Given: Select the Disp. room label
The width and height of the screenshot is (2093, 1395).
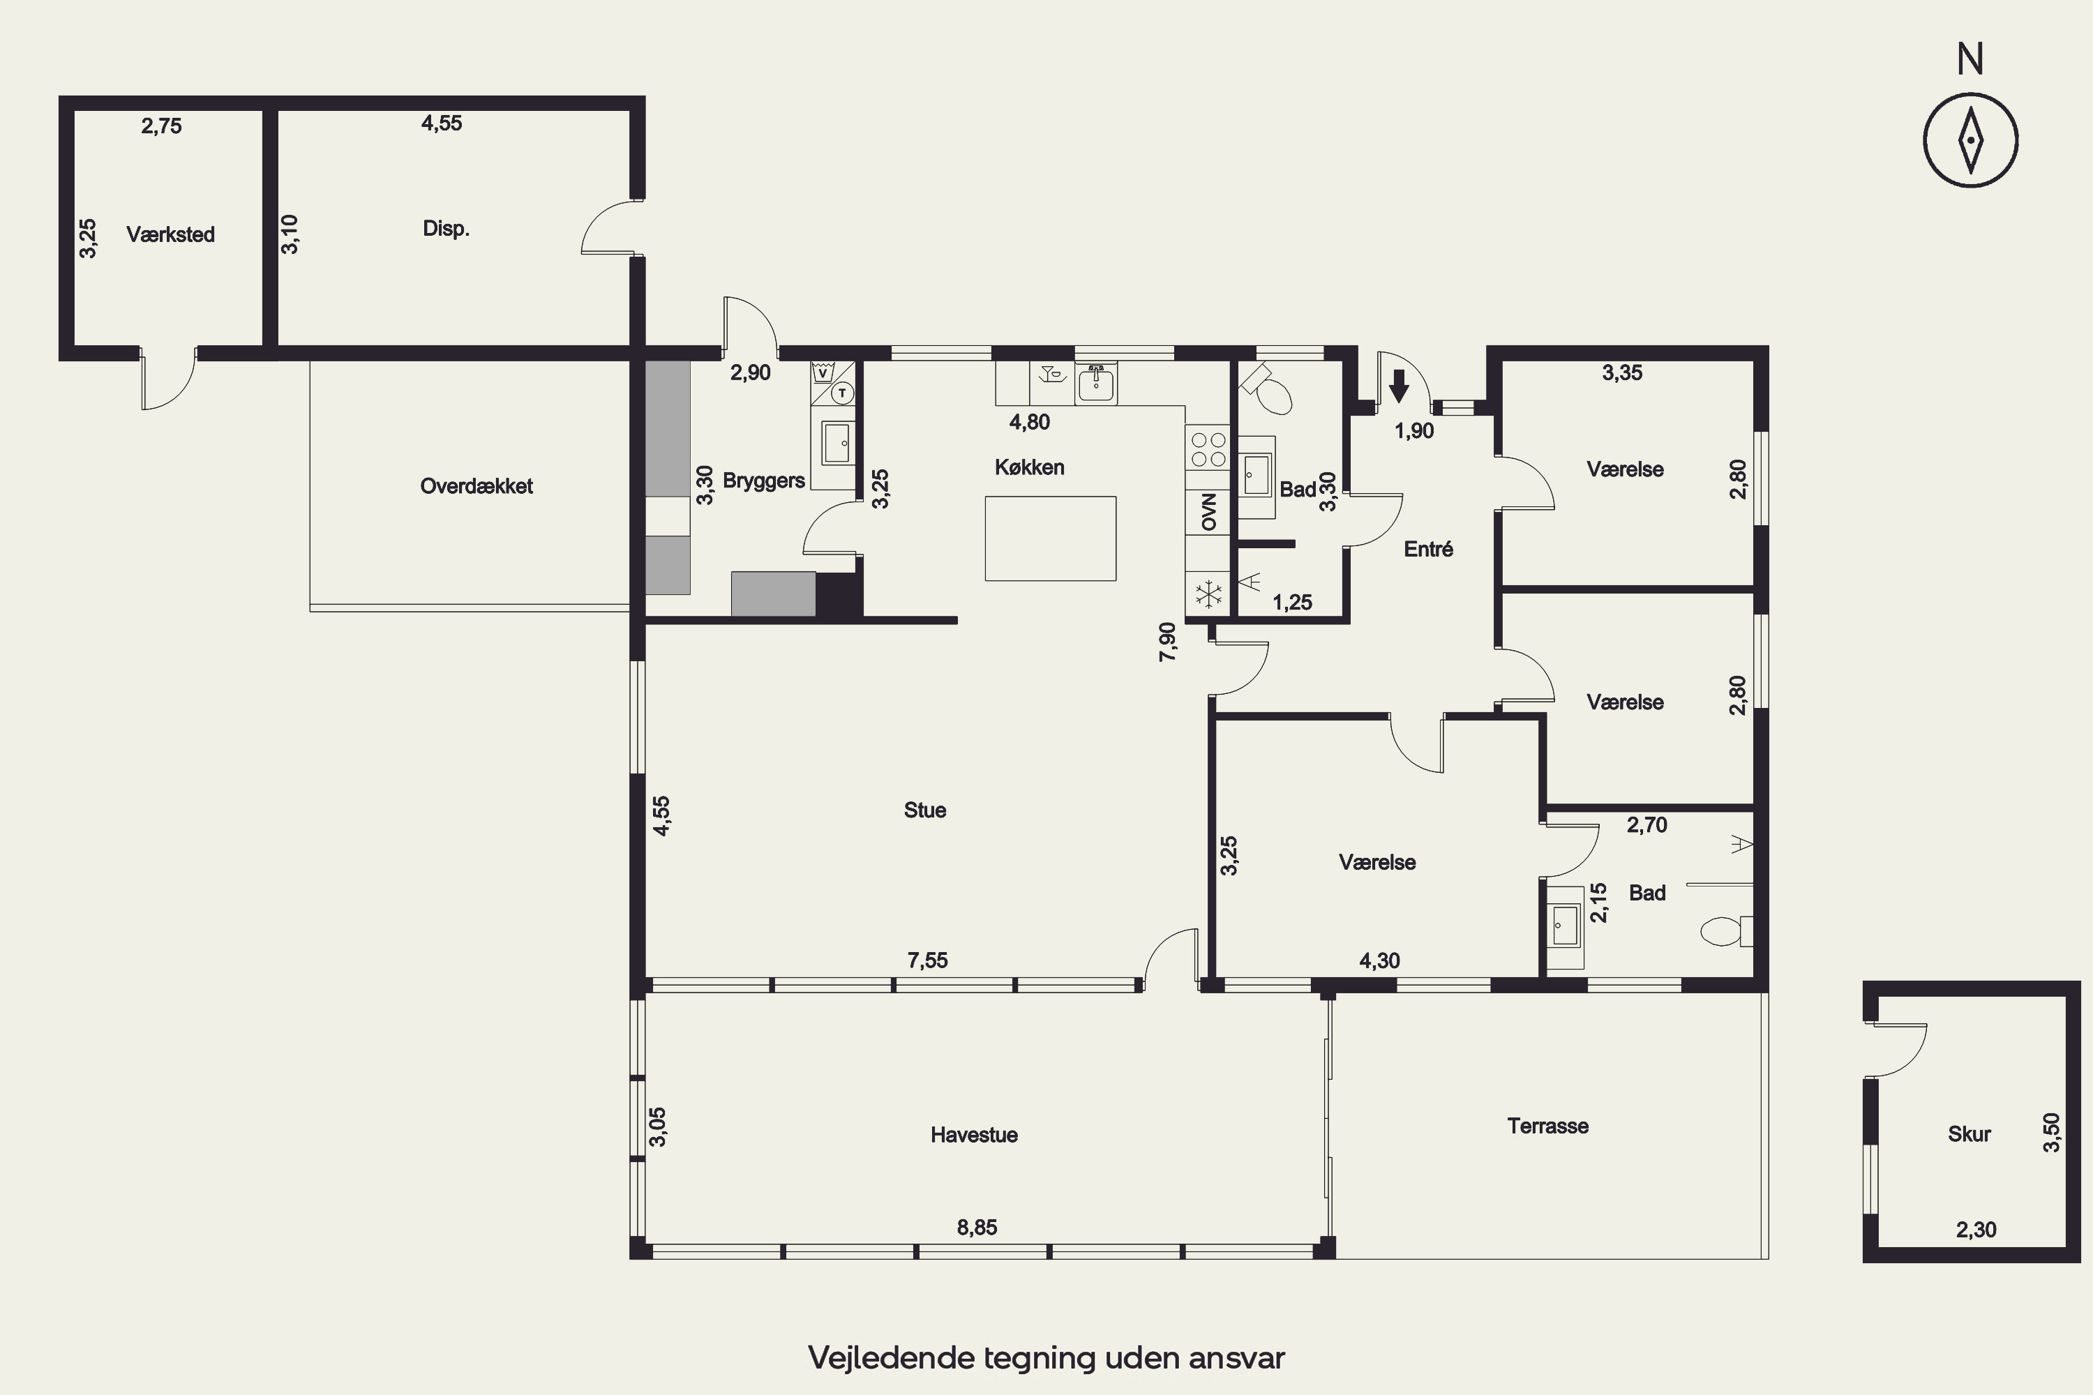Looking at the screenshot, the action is tap(446, 229).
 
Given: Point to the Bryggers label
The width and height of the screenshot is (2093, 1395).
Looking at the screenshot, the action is tap(763, 481).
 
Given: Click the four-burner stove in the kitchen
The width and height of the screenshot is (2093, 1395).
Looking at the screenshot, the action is tap(1208, 449).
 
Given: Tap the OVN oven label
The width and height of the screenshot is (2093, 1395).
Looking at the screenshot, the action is tap(1208, 511).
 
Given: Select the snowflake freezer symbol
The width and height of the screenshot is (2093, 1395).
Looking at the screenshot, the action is tap(1208, 594).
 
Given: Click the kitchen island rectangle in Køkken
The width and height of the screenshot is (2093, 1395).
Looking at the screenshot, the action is tap(1050, 538).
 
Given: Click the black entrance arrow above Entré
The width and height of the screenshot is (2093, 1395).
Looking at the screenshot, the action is tap(1399, 386).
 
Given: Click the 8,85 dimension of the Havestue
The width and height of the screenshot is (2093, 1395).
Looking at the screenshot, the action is tap(977, 1228).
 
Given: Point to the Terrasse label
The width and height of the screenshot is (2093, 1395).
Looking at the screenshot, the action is tap(1548, 1126).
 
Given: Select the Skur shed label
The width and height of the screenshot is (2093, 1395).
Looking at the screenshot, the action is tap(1970, 1134).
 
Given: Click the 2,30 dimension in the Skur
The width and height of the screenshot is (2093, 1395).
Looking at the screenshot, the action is tap(1976, 1230).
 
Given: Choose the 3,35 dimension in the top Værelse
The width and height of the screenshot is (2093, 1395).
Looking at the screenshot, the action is tap(1622, 372).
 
